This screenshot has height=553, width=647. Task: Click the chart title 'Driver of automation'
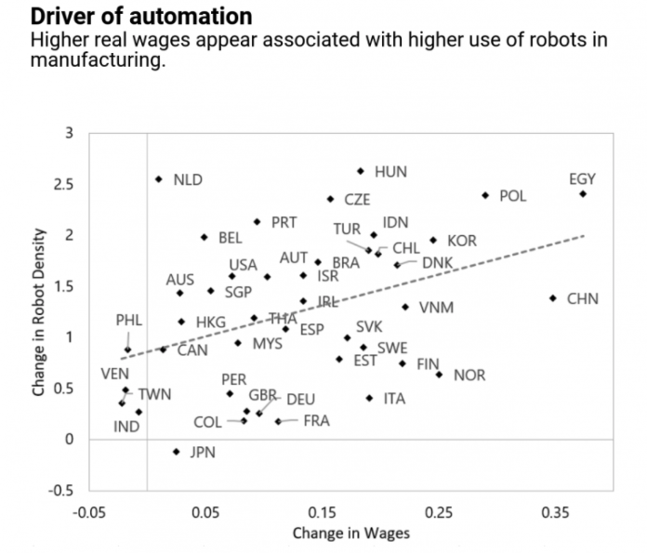point(128,17)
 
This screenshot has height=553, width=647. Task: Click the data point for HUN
point(361,171)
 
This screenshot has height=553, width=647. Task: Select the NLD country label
point(188,179)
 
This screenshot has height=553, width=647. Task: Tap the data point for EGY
point(583,193)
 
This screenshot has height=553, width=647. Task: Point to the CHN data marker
point(553,298)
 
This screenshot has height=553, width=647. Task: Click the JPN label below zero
point(203,453)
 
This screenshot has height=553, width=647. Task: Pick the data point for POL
point(485,195)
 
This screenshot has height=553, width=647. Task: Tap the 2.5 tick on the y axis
point(63,184)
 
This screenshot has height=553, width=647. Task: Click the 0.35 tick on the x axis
point(555,512)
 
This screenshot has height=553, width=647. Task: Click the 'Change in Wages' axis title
point(351,534)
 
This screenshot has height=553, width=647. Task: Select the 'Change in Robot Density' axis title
point(38,311)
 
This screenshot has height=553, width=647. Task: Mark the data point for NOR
point(439,375)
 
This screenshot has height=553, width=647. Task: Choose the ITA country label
point(394,399)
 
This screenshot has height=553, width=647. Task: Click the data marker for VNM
point(405,307)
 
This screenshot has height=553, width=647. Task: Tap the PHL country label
point(129,320)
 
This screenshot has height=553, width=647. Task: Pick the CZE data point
point(330,199)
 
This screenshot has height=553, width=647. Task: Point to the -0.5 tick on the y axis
point(61,490)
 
